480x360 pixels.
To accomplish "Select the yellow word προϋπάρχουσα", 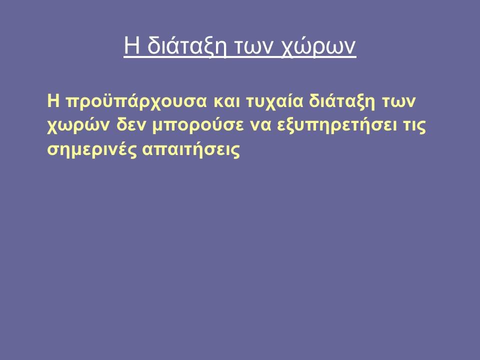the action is pyautogui.click(x=136, y=101).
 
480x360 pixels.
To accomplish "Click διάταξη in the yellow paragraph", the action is pyautogui.click(x=342, y=101).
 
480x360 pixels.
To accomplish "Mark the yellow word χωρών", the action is pyautogui.click(x=78, y=125).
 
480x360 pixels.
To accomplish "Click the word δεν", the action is pyautogui.click(x=130, y=125).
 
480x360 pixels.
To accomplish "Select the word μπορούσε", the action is pyautogui.click(x=198, y=125).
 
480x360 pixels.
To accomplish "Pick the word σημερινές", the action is pyautogui.click(x=91, y=149).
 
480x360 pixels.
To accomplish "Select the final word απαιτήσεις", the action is pyautogui.click(x=191, y=149).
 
